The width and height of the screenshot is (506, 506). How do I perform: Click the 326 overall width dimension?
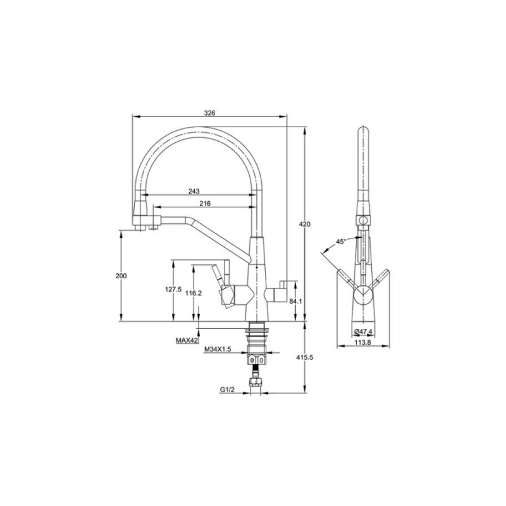(x=209, y=113)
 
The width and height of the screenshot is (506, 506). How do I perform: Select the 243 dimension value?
(x=194, y=191)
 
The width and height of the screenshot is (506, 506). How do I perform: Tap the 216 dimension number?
(x=205, y=203)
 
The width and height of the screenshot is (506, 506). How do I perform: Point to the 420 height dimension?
(x=305, y=224)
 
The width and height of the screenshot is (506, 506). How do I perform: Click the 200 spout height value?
(x=121, y=276)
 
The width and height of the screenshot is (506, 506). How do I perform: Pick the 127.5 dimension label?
(x=173, y=289)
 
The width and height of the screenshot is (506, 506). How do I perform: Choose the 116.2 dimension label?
(x=194, y=293)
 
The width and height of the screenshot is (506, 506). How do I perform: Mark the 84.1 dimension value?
(x=295, y=301)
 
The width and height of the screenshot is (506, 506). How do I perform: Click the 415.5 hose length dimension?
(x=305, y=357)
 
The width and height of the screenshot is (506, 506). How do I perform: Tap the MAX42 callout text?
(x=187, y=340)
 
